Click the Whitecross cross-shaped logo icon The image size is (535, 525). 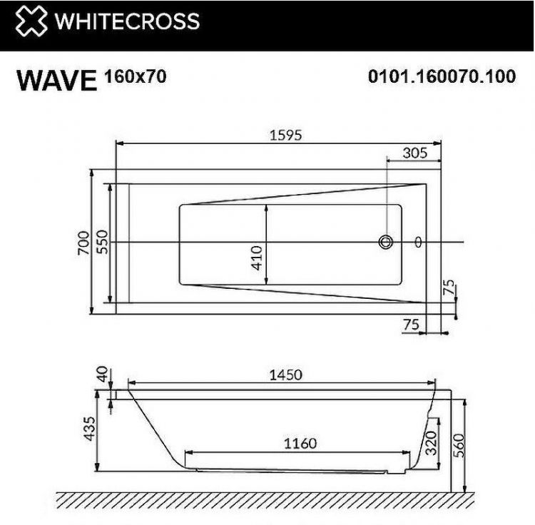pyautogui.click(x=31, y=22)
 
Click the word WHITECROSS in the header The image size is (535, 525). pyautogui.click(x=127, y=22)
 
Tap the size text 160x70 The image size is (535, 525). pyautogui.click(x=136, y=76)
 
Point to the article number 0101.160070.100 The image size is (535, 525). pyautogui.click(x=441, y=77)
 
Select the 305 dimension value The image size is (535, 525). pyautogui.click(x=414, y=152)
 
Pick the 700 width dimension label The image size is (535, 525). pyautogui.click(x=83, y=243)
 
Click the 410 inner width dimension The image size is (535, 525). pyautogui.click(x=258, y=255)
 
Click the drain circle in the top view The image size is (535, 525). pyautogui.click(x=387, y=243)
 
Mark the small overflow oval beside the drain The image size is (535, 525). pyautogui.click(x=417, y=243)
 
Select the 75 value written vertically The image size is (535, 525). pyautogui.click(x=448, y=287)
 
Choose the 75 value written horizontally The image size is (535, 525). pyautogui.click(x=412, y=324)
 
